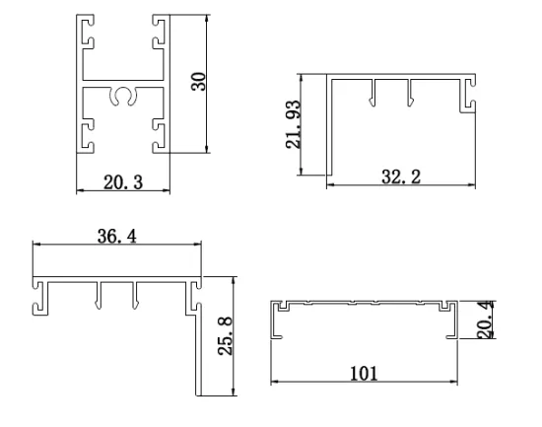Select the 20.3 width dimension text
click(x=120, y=180)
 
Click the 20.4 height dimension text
click(x=483, y=320)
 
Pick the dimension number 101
click(x=362, y=373)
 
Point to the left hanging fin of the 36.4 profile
click(x=99, y=296)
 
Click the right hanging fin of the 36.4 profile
click(x=136, y=296)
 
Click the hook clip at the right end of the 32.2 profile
click(x=471, y=97)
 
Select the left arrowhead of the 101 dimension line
click(x=275, y=382)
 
